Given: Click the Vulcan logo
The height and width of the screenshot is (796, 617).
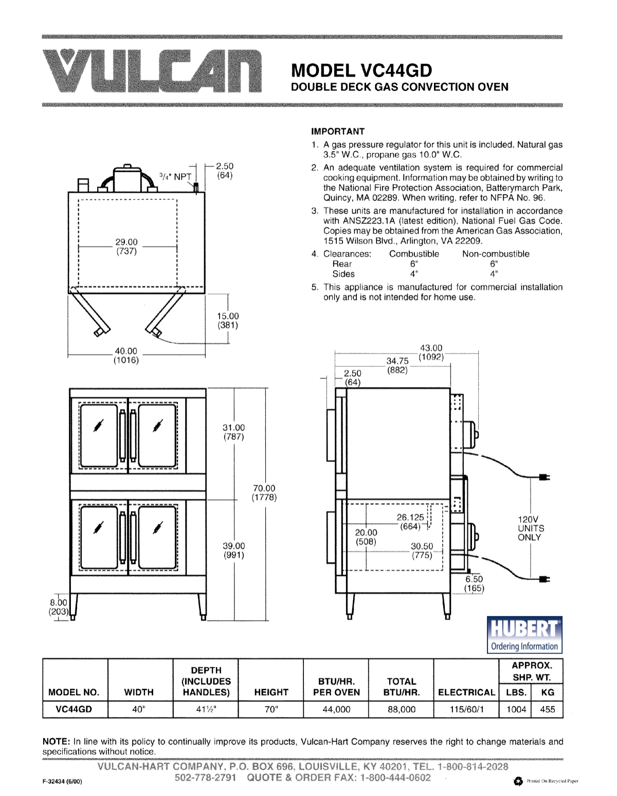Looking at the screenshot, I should (152, 71).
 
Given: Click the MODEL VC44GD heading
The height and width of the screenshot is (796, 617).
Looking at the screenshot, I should (361, 70).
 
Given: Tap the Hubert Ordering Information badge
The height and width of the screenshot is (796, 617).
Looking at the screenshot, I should (524, 635).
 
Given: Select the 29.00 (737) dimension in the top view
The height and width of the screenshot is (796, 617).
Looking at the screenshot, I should (126, 247).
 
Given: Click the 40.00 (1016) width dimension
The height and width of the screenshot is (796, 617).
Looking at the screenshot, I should (126, 356).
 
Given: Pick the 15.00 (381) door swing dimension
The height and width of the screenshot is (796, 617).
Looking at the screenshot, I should (228, 321).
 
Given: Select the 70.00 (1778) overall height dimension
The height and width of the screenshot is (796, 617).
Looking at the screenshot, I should (264, 493).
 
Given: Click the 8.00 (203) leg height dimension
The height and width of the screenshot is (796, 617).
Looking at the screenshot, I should (58, 607).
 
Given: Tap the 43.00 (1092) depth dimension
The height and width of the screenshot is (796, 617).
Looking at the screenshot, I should (431, 353).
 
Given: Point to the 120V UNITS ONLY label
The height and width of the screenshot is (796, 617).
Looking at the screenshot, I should (531, 528).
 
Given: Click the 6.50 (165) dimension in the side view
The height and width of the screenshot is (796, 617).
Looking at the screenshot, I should (474, 584).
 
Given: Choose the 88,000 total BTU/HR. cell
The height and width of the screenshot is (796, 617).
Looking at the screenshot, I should (401, 709).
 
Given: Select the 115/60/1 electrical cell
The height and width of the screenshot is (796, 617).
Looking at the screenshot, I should (466, 709).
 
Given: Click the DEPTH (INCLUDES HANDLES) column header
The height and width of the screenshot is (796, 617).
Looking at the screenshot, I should (206, 681).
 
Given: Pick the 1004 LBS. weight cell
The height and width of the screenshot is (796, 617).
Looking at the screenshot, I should (516, 709).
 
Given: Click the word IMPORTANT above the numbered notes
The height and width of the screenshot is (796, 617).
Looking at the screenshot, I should (338, 132).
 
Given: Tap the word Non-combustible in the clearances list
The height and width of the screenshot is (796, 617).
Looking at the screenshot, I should (495, 254).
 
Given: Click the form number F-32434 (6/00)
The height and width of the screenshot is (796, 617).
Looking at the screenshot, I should (62, 781).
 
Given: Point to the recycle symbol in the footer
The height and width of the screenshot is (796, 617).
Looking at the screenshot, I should (518, 781).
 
